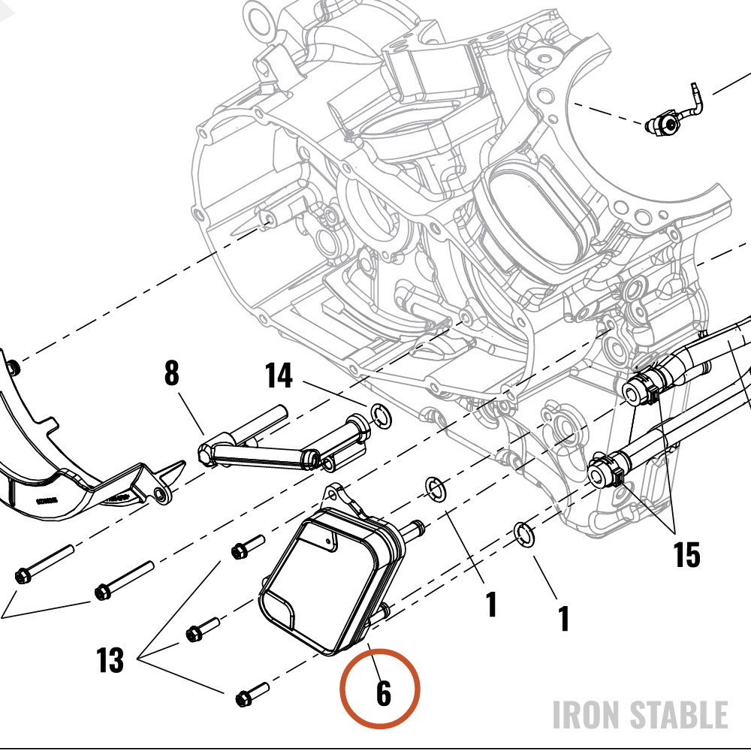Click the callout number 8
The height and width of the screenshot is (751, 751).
(x=172, y=373)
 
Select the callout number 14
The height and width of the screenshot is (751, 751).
(x=279, y=375)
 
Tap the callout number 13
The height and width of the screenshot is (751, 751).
(x=110, y=659)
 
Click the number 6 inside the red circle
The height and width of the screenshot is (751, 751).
(x=384, y=693)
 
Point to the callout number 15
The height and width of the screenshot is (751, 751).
(x=687, y=555)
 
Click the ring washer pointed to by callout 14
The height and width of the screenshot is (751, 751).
(x=381, y=416)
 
